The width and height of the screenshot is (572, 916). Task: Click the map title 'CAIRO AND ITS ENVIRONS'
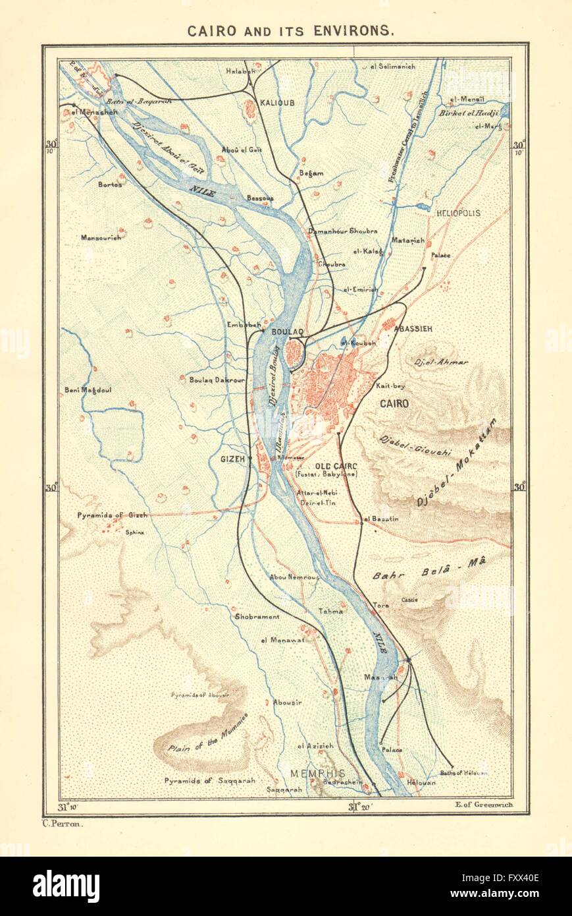(x=290, y=30)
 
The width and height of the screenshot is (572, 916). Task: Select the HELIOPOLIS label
(x=458, y=214)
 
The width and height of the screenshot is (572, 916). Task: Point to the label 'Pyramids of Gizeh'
(x=112, y=515)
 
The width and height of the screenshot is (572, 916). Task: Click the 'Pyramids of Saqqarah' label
(x=210, y=780)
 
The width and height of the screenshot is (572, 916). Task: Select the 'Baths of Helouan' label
(x=457, y=774)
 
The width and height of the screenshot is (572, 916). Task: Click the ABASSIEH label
(x=413, y=329)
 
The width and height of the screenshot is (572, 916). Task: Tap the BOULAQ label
(x=287, y=332)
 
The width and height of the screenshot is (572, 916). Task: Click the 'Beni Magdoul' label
(x=88, y=390)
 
